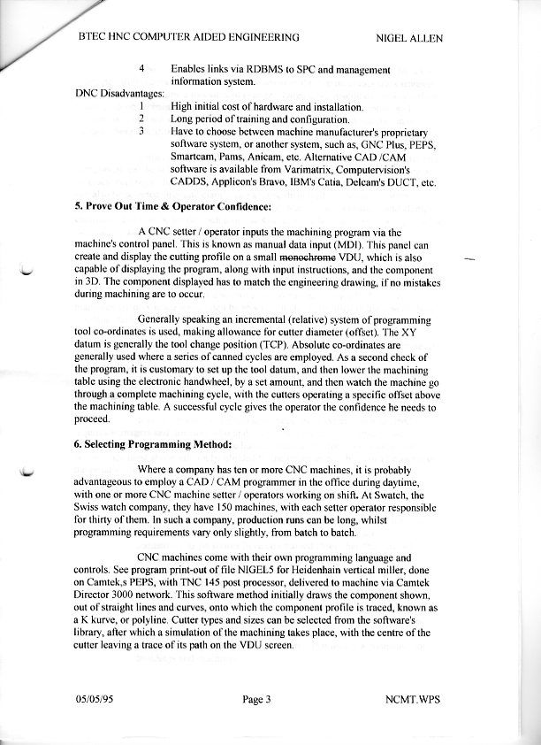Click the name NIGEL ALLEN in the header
pos(408,38)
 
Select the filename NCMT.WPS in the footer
pos(414,701)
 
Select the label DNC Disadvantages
pos(114,93)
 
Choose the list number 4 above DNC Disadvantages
pos(141,68)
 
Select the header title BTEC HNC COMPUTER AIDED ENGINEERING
pos(188,38)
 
